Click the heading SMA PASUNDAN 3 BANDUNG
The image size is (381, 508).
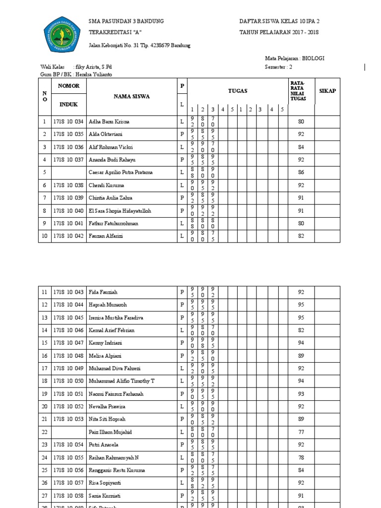pos(126,22)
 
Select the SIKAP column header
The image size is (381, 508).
pos(327,91)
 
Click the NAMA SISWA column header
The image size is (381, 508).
pos(131,96)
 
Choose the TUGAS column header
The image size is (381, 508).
pos(238,91)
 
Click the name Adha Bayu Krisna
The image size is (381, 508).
pos(109,122)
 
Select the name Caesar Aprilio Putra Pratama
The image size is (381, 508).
pos(121,173)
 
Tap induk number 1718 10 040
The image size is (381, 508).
pos(69,211)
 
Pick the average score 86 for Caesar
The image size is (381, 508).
pos(301,173)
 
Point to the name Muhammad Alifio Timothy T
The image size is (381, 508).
pos(122,381)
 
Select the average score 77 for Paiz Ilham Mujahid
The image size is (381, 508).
pos(301,432)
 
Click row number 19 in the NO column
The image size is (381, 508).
pos(45,394)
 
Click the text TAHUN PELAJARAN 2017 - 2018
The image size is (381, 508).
pos(279,33)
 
